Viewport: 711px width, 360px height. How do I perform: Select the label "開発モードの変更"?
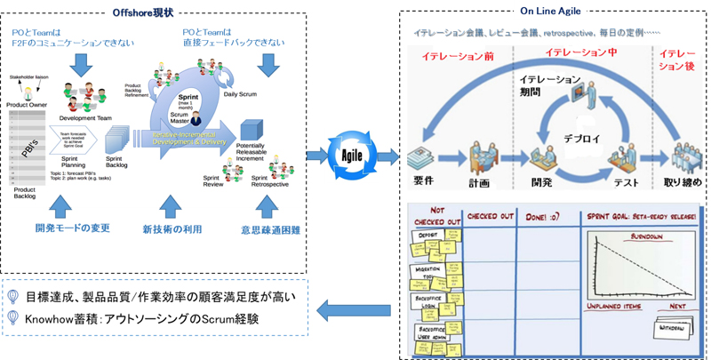click(x=73, y=228)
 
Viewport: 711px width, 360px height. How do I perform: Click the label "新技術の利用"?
click(x=172, y=228)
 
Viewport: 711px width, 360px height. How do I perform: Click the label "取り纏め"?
click(x=679, y=182)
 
